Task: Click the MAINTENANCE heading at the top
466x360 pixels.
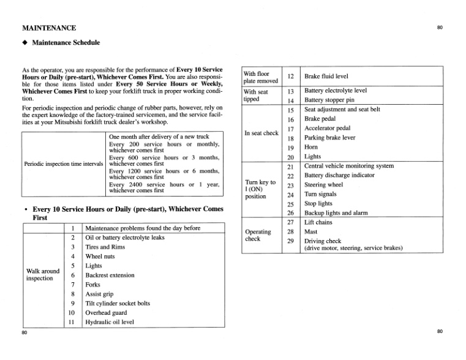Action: [x=49, y=28]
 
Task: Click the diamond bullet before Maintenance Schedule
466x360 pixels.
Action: [x=25, y=43]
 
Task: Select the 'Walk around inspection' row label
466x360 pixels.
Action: [x=43, y=274]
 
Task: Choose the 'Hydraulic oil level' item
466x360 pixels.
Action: [x=110, y=321]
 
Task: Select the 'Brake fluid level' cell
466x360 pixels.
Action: [x=326, y=77]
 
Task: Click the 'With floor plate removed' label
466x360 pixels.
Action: [x=261, y=77]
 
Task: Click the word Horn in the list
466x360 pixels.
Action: [x=312, y=148]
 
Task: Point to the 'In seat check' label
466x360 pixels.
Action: [x=261, y=133]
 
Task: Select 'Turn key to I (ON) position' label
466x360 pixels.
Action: [x=260, y=189]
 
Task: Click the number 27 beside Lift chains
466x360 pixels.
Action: [x=291, y=222]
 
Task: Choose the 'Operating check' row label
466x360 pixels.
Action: [x=258, y=235]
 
